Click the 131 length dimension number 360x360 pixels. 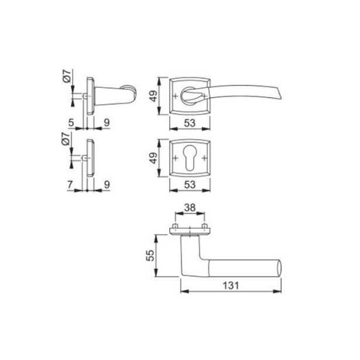pos(231,286)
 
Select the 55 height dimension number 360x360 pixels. pos(150,256)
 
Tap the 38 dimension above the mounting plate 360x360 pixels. pos(190,208)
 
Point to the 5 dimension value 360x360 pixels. pos(71,123)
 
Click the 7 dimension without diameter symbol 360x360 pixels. pos(70,185)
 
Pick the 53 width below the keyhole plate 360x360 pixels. pos(190,184)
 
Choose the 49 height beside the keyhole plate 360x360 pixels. pos(153,158)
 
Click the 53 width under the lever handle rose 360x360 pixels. pos(190,123)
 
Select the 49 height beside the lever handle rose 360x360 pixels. pos(153,96)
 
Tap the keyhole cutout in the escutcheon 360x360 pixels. pos(190,158)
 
